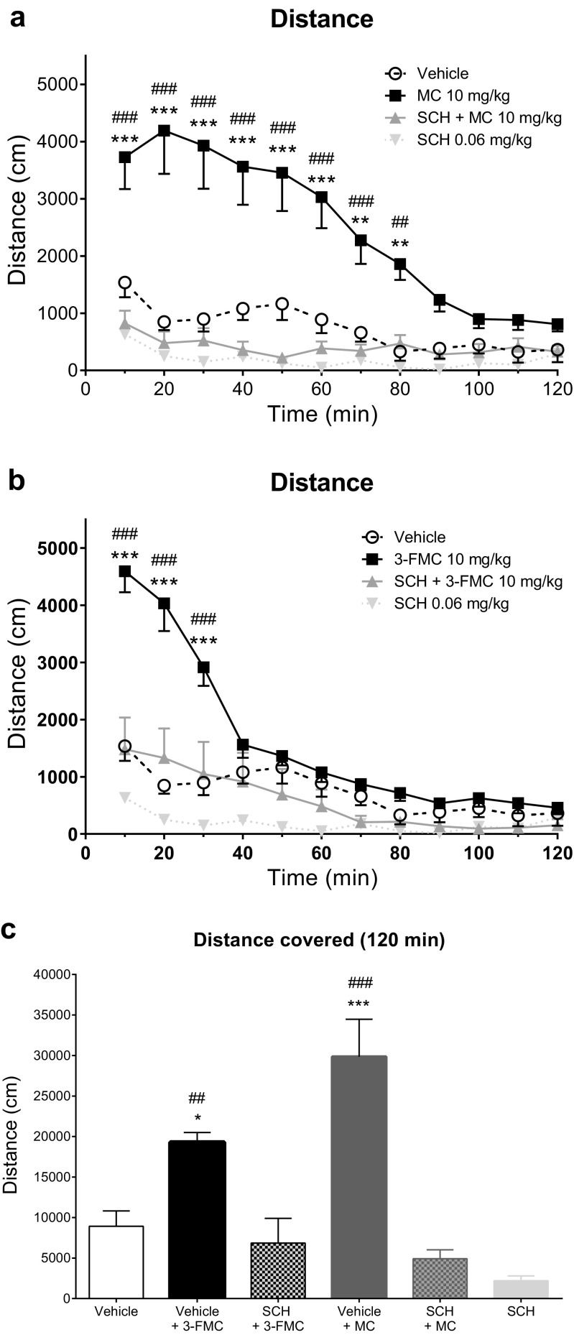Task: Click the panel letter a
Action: (x=17, y=17)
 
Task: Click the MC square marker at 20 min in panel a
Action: (x=164, y=131)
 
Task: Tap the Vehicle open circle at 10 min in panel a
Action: (x=124, y=282)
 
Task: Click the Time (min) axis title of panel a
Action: (x=322, y=414)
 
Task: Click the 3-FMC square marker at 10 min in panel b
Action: (x=124, y=571)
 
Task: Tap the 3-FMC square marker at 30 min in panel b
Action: (x=203, y=667)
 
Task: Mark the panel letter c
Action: (x=10, y=929)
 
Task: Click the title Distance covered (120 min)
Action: (x=319, y=939)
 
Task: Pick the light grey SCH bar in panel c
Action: (x=520, y=1289)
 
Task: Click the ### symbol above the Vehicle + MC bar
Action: (x=360, y=983)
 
